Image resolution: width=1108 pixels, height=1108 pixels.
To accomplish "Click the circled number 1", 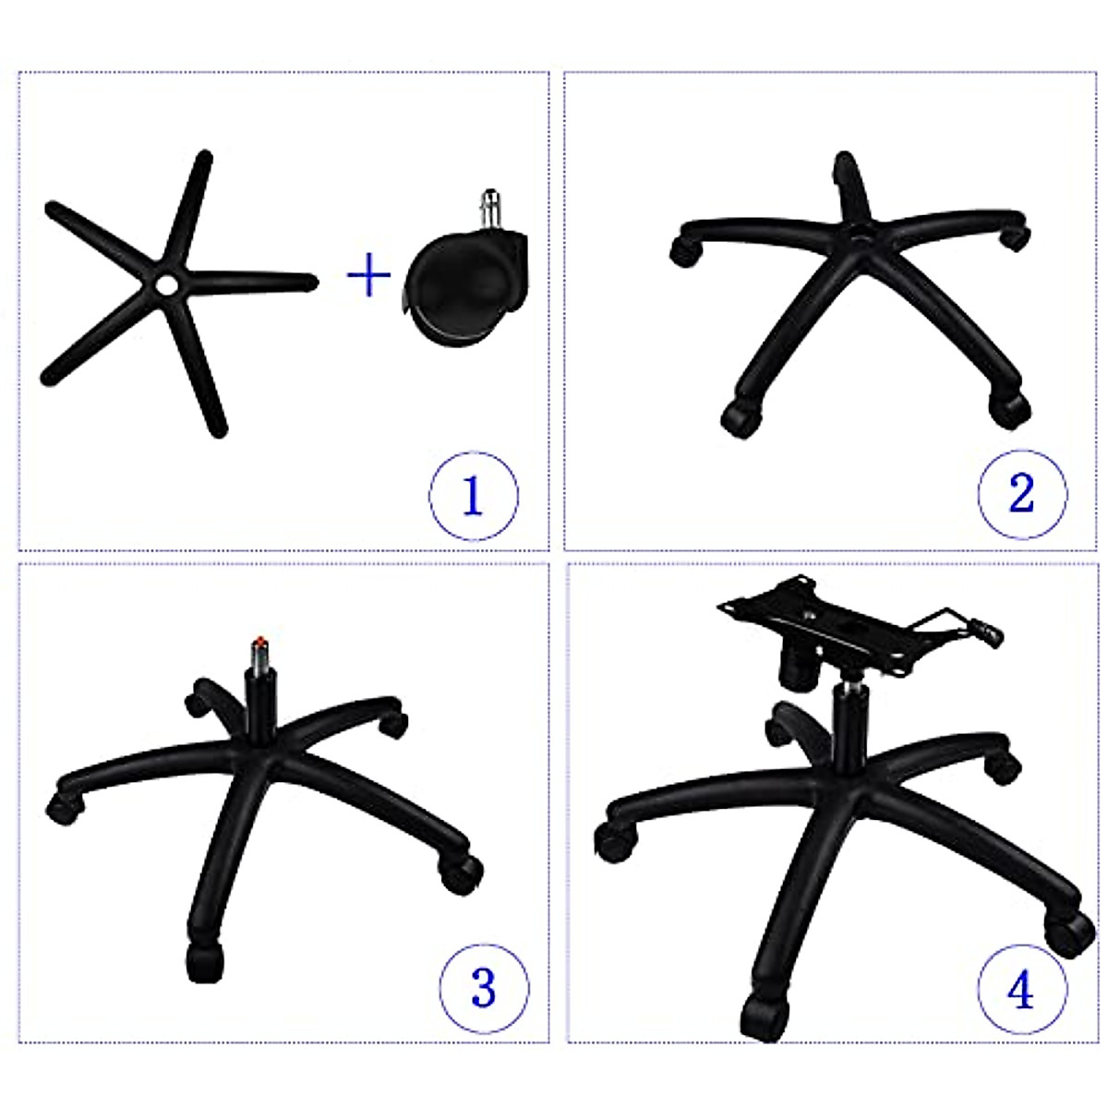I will (473, 496).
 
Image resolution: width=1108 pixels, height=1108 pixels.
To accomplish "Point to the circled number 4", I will (1020, 991).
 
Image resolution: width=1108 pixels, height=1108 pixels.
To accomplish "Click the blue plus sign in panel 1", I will (368, 275).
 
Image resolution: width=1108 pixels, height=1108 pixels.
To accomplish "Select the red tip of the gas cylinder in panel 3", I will (261, 641).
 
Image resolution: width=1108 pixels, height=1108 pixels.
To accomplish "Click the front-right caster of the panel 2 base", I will (1010, 407).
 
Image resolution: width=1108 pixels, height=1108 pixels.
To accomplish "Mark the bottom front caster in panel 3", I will (205, 963).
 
